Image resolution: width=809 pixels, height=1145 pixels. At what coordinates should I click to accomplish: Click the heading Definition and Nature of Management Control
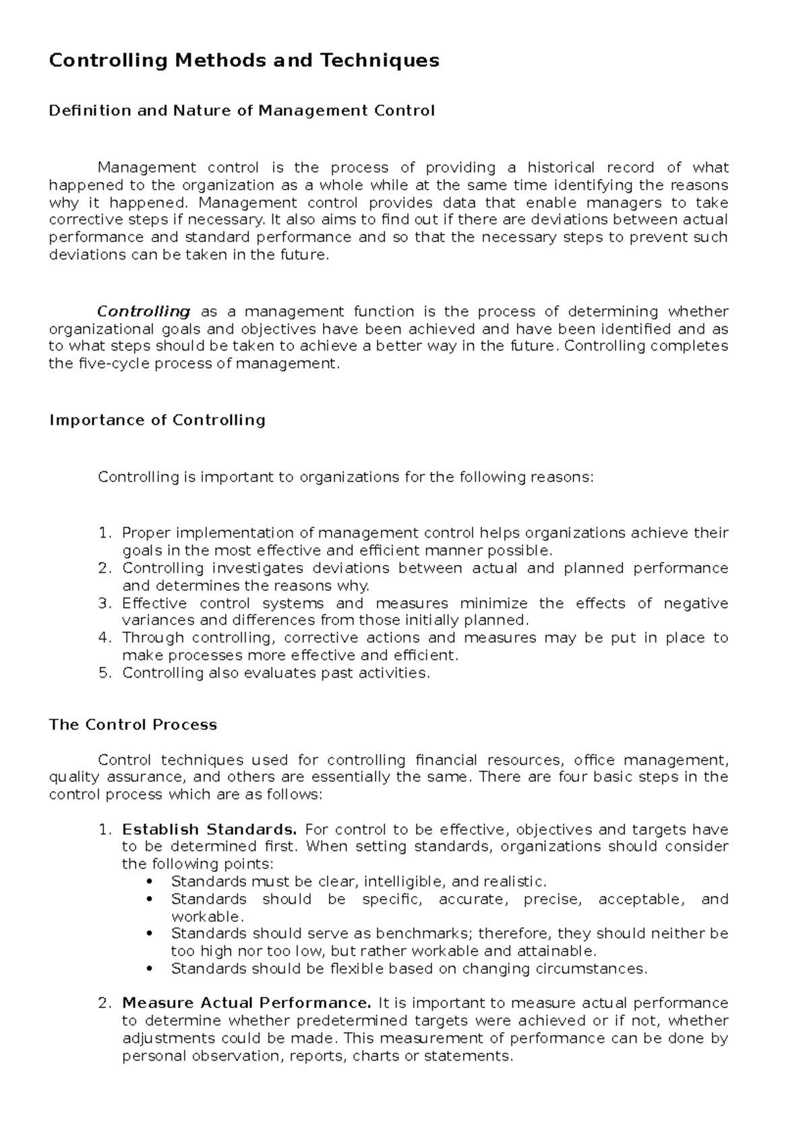(242, 111)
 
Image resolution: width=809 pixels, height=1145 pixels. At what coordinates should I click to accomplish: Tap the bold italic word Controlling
(144, 312)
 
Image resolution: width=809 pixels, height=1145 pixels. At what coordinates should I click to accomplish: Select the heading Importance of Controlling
(157, 420)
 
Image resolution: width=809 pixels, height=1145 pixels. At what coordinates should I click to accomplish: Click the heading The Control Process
(133, 725)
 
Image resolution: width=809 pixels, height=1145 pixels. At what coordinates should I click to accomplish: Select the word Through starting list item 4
(153, 638)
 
